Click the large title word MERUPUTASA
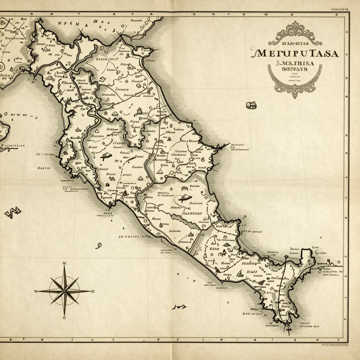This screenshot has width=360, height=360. pos(295,53)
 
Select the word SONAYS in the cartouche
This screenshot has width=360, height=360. pos(295,69)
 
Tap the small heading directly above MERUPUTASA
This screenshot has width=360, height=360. pos(295,44)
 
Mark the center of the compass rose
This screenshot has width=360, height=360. pos(65,291)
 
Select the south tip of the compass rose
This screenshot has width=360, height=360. pos(65,315)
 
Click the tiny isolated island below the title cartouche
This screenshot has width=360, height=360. pos(251,105)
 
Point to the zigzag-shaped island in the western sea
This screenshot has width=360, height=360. pos(13,212)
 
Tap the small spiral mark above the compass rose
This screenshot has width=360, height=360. pos(99,245)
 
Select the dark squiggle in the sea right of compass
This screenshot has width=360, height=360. pos(179,307)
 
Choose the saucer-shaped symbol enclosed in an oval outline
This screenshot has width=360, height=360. pos(183,199)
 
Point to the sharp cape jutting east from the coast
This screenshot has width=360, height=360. pos(225,145)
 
